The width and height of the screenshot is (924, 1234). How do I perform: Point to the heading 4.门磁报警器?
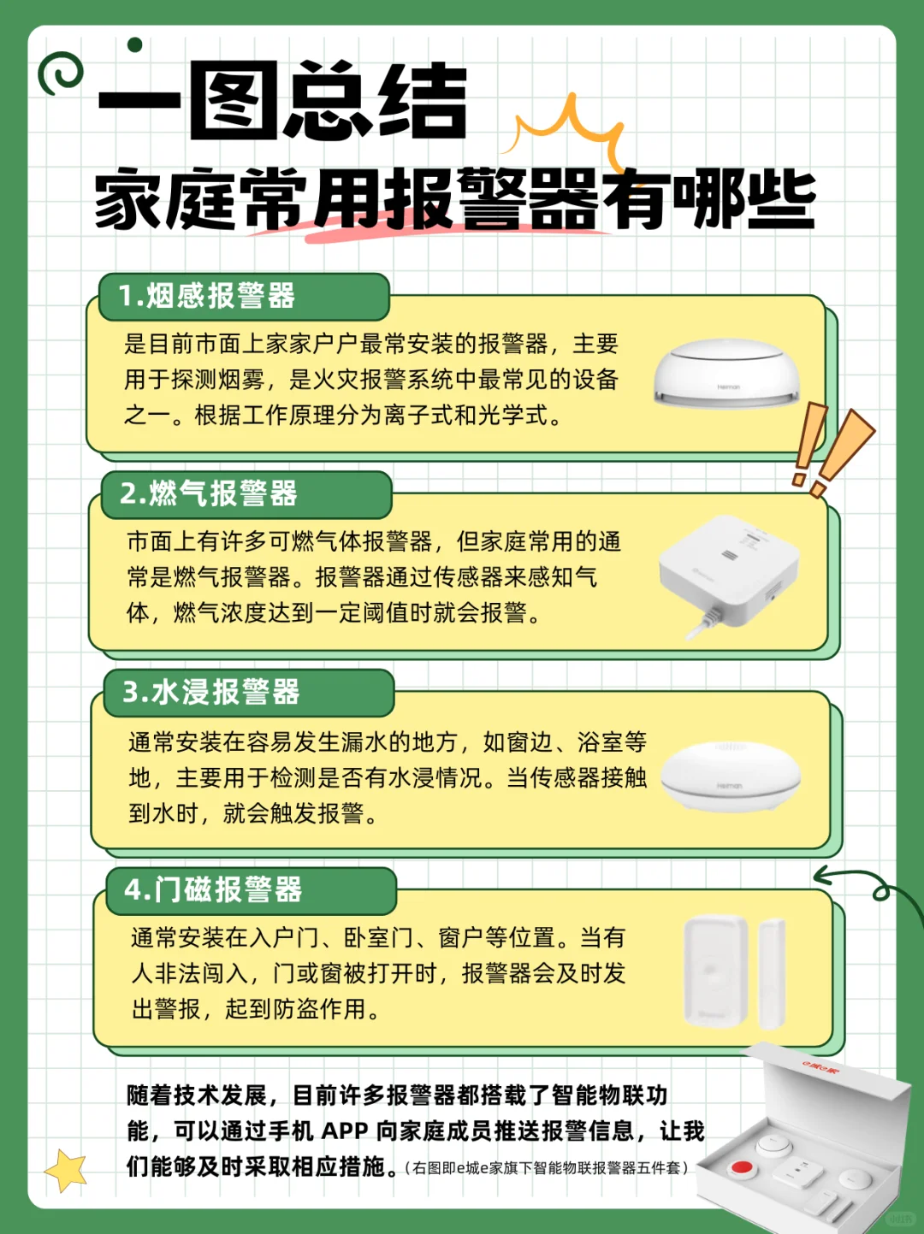point(213,889)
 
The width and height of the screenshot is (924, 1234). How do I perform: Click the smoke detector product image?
point(726,373)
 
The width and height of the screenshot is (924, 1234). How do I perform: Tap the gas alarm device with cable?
point(727,572)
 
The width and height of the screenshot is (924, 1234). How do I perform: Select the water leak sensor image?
point(729,775)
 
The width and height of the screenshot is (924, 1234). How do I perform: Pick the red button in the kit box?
point(740,1167)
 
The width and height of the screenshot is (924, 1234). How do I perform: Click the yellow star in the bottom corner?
point(66,1170)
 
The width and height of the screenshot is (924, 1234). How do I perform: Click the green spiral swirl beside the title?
point(60,74)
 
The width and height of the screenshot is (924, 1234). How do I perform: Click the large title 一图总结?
point(282,101)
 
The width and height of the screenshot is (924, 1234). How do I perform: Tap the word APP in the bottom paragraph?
point(344,1131)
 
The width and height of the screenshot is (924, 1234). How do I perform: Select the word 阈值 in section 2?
point(387,613)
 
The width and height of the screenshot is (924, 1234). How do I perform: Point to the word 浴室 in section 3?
point(600,741)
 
